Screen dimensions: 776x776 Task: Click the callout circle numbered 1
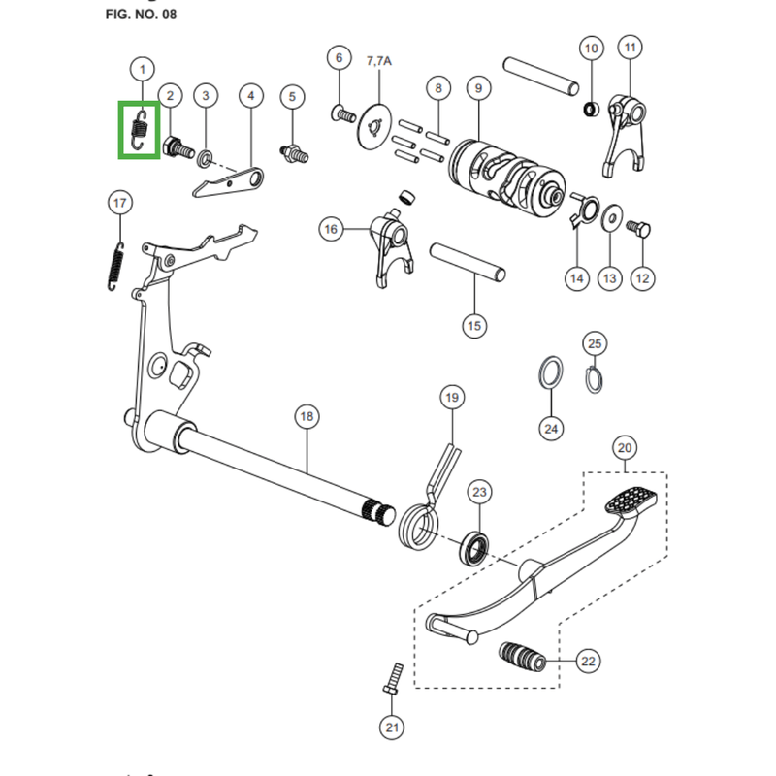click(143, 69)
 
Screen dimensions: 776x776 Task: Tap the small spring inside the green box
click(140, 130)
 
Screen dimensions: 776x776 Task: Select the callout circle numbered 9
click(478, 88)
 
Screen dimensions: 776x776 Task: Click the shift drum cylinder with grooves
click(507, 178)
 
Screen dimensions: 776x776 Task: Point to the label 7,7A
click(379, 61)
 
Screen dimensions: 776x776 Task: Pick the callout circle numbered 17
click(119, 203)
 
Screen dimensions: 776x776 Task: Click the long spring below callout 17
click(115, 266)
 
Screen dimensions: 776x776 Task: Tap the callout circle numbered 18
click(307, 416)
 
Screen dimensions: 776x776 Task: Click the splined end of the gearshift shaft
click(379, 514)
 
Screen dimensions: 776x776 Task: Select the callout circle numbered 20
click(625, 448)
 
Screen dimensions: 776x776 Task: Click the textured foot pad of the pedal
click(631, 501)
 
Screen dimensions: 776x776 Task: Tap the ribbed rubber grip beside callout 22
click(522, 657)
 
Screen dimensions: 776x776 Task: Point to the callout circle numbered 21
click(392, 727)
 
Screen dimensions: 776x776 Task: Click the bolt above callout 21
click(394, 678)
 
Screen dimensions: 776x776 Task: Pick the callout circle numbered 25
click(595, 343)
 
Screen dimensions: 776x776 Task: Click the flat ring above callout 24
click(550, 372)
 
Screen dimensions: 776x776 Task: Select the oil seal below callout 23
click(475, 547)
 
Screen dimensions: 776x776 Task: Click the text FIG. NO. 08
click(141, 15)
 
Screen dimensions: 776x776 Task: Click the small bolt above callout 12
click(638, 229)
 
